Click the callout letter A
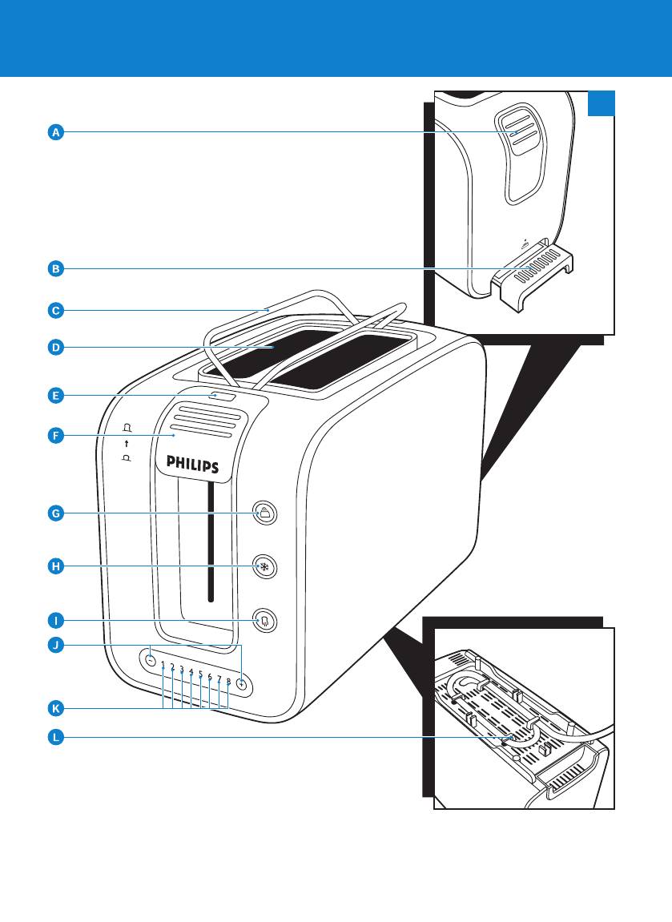coord(54,132)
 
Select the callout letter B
coord(54,269)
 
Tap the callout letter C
coord(54,309)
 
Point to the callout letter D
coord(54,348)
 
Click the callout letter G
coord(54,513)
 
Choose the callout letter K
coord(54,708)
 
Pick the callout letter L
coord(54,738)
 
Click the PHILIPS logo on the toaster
coord(192,465)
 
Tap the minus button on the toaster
coord(150,661)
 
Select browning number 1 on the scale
coord(163,665)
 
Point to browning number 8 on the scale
coord(228,682)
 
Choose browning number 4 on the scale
coord(191,672)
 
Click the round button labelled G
coord(264,513)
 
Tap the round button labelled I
coord(264,621)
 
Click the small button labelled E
coord(223,395)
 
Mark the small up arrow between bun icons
coord(127,443)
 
